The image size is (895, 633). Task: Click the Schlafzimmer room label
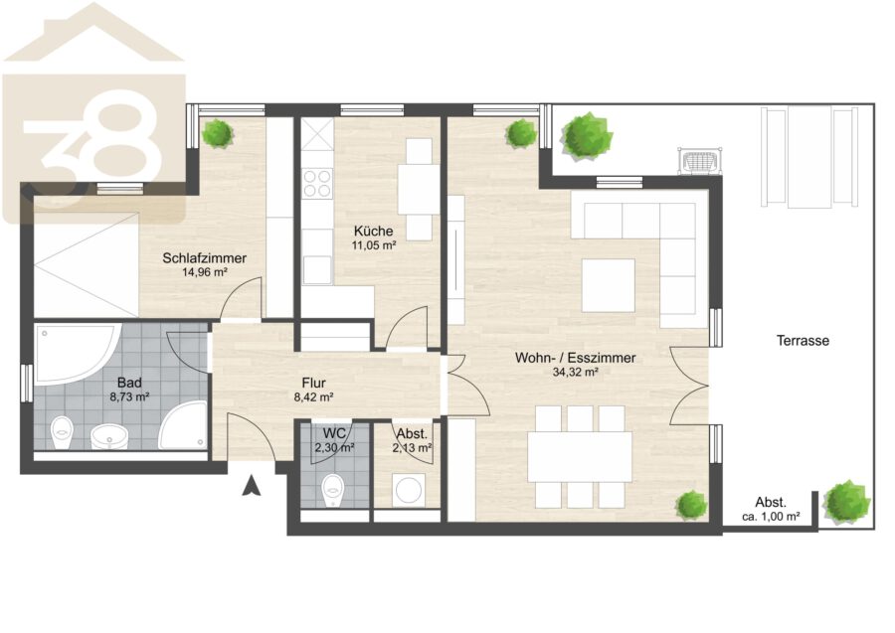(x=204, y=257)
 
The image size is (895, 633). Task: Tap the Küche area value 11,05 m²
(x=373, y=245)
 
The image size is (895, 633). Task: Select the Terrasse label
(x=803, y=341)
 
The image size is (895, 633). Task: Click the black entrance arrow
(x=252, y=485)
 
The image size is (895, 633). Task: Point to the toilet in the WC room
(x=332, y=491)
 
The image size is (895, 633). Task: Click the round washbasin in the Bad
(x=109, y=437)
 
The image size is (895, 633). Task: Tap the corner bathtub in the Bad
(x=77, y=354)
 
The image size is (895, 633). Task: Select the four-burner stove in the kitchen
(x=317, y=183)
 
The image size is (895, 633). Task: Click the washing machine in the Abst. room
(x=408, y=489)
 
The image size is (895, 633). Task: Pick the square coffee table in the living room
(x=609, y=285)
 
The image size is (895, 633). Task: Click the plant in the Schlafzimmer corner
(x=217, y=133)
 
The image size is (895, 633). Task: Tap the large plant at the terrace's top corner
(x=586, y=135)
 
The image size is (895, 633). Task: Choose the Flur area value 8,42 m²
(x=313, y=397)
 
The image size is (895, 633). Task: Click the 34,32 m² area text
(x=576, y=373)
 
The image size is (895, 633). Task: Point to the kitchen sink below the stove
(x=317, y=270)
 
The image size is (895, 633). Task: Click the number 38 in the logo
(x=91, y=147)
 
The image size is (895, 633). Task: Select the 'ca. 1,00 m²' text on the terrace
(x=771, y=517)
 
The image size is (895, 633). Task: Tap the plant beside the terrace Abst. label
(x=847, y=500)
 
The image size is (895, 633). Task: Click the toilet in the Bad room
(x=62, y=433)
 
